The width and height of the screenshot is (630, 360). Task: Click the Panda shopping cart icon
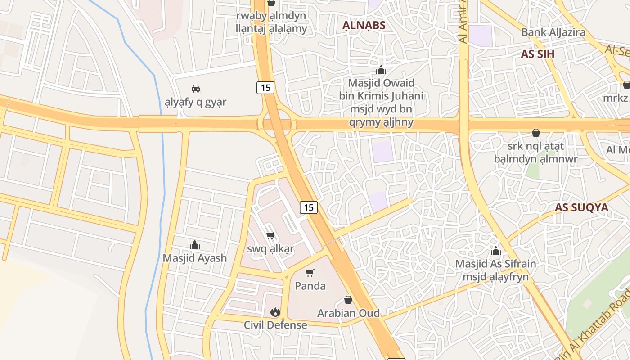pos(310,273)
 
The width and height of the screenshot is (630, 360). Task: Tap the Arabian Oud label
pos(348,313)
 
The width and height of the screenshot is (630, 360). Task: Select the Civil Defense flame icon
pos(275,312)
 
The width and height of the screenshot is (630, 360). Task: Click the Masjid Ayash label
pos(195,258)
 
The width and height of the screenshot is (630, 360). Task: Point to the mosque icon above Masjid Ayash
pos(195,245)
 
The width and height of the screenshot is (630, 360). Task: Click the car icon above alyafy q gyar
pos(196,88)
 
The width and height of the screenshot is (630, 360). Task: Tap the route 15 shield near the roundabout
pos(265,87)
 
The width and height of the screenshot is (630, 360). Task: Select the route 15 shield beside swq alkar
pos(309,207)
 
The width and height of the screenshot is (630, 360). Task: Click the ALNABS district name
pos(364,25)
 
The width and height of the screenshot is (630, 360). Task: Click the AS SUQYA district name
pos(581,207)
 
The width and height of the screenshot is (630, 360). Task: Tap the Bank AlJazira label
pos(553,32)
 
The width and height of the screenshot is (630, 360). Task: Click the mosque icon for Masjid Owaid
pos(381,70)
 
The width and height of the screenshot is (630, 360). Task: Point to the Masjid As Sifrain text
pos(495,264)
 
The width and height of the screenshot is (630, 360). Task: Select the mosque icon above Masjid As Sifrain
pos(496,251)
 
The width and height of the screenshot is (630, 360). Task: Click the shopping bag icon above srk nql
pos(535,133)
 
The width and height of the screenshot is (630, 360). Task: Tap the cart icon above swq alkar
pos(270,235)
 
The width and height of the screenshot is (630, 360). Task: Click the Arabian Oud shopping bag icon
pos(348,300)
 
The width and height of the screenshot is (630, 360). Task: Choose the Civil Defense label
pos(275,325)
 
